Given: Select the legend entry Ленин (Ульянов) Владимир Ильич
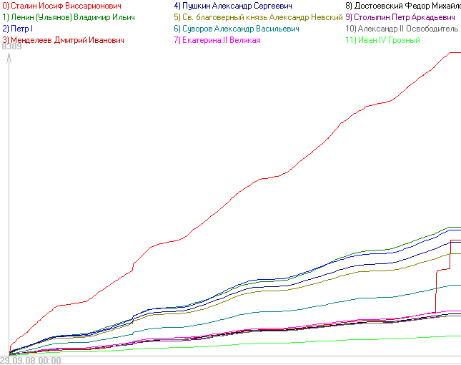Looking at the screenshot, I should pos(69,16).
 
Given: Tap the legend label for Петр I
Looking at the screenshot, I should pos(17,28).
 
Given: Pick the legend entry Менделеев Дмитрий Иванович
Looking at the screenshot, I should pos(63,40).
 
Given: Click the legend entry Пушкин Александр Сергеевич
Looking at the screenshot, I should pos(236,5).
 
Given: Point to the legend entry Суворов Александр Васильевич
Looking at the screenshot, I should pos(236,28).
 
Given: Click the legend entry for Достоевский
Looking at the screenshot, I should pos(402,5).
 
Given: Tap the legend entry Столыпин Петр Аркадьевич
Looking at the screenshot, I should pos(400,16).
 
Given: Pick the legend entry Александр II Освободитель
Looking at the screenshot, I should pos(402,28).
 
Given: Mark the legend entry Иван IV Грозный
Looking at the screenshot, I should pos(382,40).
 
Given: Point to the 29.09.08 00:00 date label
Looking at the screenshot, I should pos(30,360).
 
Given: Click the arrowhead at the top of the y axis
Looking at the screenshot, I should pos(8,59).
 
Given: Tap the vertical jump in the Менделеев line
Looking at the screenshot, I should pos(435,291).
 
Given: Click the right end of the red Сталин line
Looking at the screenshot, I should pos(459,52).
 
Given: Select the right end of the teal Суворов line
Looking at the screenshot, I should pos(459,285).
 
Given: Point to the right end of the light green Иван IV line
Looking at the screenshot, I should pos(459,336).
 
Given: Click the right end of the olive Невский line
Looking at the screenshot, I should pos(459,253).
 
